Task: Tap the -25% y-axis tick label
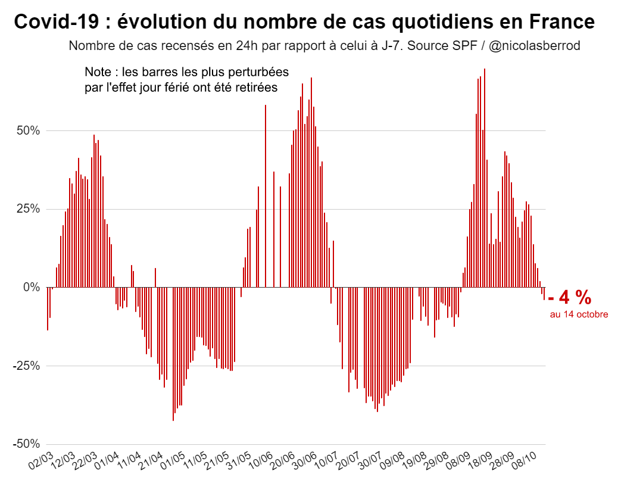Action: click(x=26, y=366)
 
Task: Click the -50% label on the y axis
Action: click(x=26, y=444)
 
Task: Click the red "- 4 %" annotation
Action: click(x=570, y=297)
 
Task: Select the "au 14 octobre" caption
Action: click(x=579, y=314)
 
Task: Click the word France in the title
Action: click(x=561, y=22)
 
